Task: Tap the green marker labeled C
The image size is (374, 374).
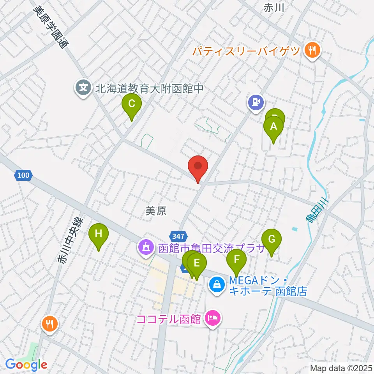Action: [x=132, y=104]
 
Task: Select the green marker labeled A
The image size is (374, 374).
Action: [x=273, y=127]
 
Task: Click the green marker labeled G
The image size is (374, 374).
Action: [x=272, y=239]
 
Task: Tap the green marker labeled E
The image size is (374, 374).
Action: [x=197, y=263]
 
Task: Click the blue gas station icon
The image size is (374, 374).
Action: [x=256, y=102]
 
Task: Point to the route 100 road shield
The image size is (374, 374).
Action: [x=23, y=176]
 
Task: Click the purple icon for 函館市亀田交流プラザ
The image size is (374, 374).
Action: [x=146, y=247]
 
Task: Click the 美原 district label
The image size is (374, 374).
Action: [x=156, y=211]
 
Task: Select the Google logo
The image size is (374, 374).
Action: [x=26, y=365]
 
